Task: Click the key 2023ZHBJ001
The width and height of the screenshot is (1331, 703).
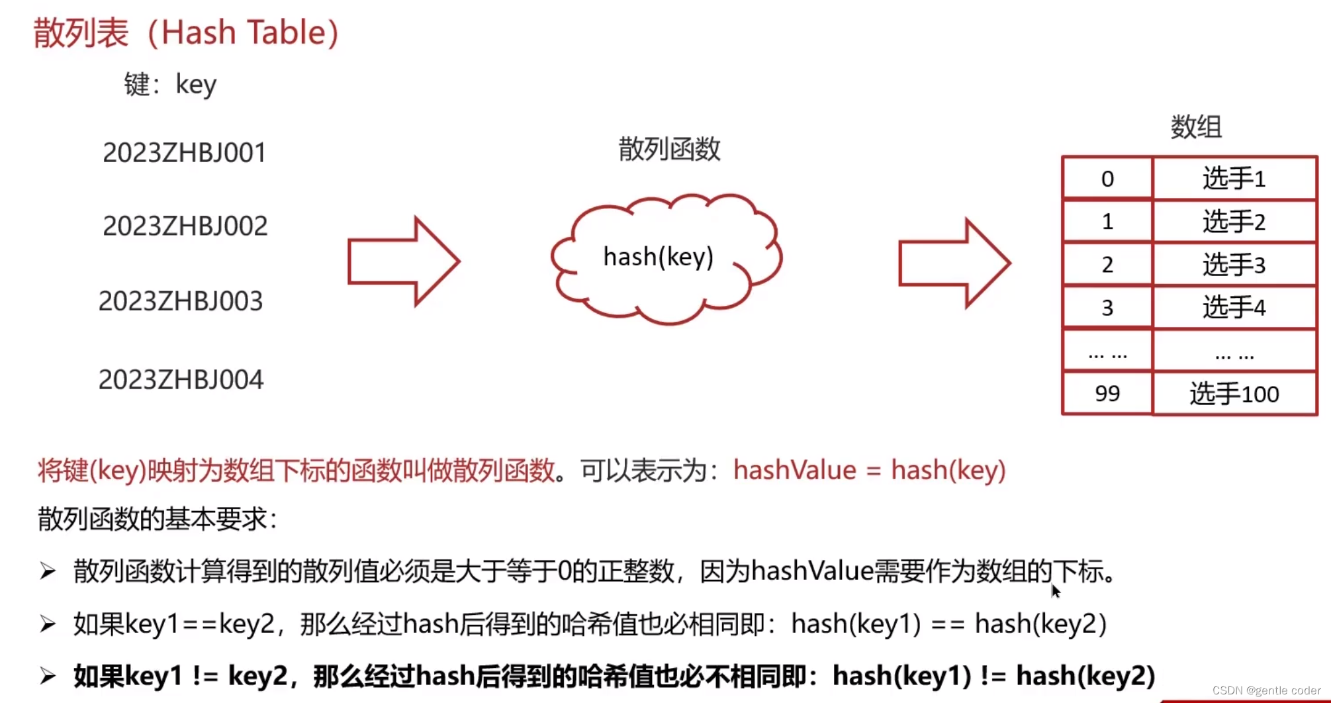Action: coord(184,153)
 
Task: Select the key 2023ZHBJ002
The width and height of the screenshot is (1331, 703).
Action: coord(185,226)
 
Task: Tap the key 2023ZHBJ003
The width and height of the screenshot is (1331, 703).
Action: coord(181,301)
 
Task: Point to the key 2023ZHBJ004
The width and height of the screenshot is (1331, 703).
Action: coord(181,380)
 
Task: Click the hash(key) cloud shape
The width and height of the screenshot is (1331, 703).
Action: coord(666,258)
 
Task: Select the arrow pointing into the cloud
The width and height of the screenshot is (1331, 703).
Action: coord(403,261)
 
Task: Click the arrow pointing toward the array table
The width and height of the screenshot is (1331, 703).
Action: coord(954,263)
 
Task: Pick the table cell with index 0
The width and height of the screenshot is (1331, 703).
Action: coord(1107,179)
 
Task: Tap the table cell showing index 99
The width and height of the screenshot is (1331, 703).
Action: coord(1107,394)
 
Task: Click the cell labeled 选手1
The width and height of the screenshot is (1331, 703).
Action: coord(1234,179)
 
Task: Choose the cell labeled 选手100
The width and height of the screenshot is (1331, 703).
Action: coord(1234,394)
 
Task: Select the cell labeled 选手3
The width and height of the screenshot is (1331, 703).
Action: coord(1234,265)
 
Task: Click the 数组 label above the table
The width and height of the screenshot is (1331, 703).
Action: coord(1195,126)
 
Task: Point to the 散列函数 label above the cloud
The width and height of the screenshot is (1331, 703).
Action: coord(669,149)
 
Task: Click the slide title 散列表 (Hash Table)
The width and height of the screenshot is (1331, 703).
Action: coord(186,32)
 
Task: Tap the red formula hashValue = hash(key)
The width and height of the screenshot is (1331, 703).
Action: coord(869,470)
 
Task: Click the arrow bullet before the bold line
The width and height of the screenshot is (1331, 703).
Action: coord(48,676)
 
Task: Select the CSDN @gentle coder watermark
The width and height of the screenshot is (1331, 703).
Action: coord(1265,690)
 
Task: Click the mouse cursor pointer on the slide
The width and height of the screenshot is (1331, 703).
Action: coord(1055,590)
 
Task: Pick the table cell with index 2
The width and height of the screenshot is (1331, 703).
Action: coord(1107,265)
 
